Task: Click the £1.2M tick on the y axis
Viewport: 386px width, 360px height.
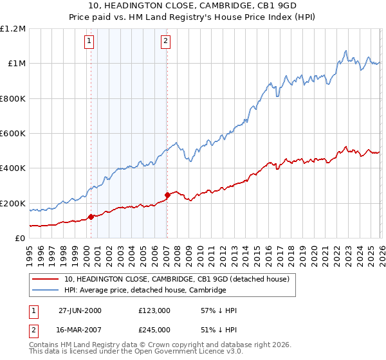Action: (13, 29)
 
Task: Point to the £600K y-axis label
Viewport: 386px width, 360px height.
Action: (13, 134)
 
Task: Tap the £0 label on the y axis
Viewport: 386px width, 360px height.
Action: (21, 239)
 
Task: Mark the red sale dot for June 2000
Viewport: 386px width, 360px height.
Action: (91, 217)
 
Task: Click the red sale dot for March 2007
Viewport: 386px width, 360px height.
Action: (167, 195)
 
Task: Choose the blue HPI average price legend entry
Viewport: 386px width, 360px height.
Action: (145, 290)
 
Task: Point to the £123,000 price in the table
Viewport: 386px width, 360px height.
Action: (154, 310)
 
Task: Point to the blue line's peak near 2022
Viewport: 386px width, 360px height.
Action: (346, 50)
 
